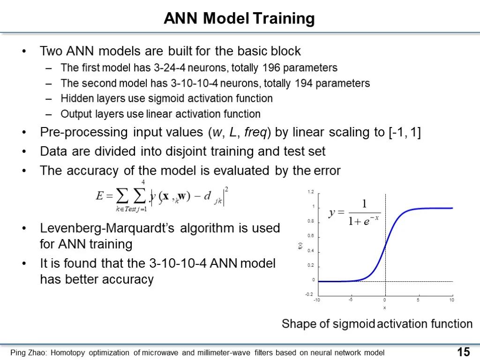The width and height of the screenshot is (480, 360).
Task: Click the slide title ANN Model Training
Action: [239, 18]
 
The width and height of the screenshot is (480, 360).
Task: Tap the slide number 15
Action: [464, 352]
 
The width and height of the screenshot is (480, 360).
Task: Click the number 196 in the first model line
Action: [271, 67]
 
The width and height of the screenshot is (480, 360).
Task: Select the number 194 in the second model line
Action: [303, 83]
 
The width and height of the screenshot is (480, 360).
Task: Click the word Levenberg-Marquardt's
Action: [107, 228]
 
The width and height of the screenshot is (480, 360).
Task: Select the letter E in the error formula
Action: [100, 195]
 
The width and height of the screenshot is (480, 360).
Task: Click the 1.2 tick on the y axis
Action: [311, 192]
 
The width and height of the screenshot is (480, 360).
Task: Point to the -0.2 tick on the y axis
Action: [309, 294]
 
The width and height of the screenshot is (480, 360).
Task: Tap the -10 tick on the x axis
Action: [317, 300]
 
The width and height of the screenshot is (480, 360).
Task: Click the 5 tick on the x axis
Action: [418, 300]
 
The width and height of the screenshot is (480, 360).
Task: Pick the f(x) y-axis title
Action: [300, 246]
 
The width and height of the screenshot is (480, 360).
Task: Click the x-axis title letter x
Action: [384, 307]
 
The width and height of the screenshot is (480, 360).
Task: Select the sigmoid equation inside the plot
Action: [354, 212]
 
